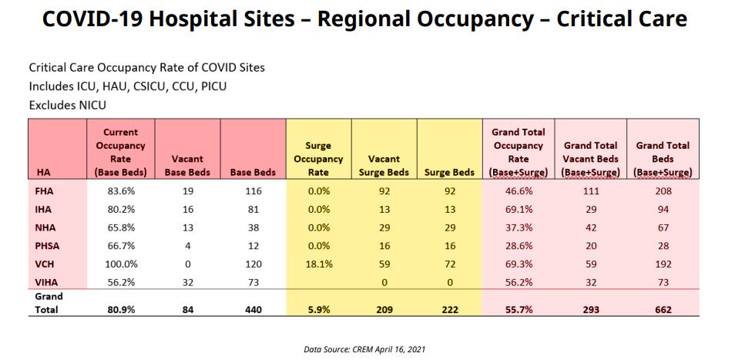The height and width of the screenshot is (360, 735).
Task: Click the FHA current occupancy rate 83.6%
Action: pyautogui.click(x=119, y=191)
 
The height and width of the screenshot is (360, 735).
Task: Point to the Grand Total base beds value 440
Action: pyautogui.click(x=253, y=310)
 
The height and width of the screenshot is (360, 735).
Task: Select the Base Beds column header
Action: pyautogui.click(x=253, y=173)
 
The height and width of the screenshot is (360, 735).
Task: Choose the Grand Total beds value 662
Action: pyautogui.click(x=663, y=310)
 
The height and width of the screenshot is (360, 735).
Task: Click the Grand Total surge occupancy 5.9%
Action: pyautogui.click(x=317, y=310)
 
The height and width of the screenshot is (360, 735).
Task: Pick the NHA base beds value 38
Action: pyautogui.click(x=253, y=227)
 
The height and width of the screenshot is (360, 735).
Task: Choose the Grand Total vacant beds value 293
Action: pyautogui.click(x=589, y=310)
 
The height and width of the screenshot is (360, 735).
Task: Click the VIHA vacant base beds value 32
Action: pyautogui.click(x=187, y=283)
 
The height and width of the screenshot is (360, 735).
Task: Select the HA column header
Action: pyautogui.click(x=43, y=173)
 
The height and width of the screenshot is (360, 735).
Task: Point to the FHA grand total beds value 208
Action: pyautogui.click(x=663, y=191)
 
